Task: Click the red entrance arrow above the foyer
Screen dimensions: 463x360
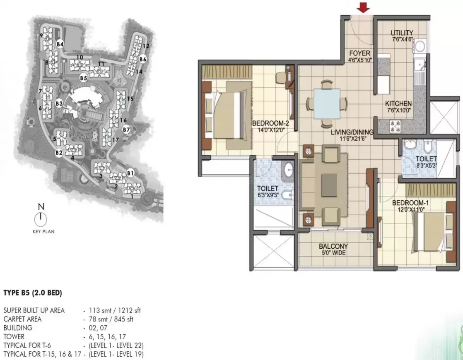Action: [363, 7]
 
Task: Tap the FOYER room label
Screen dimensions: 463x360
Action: [359, 53]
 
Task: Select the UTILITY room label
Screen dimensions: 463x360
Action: [402, 33]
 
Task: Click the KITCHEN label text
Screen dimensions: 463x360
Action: [398, 103]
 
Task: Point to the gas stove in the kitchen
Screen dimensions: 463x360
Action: [395, 126]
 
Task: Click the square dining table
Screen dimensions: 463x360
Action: [327, 103]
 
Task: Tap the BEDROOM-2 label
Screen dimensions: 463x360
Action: [270, 123]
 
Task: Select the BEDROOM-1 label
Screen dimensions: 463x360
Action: [410, 203]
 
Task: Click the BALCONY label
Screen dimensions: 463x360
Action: [333, 246]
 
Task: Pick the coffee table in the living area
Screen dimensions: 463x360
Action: [329, 185]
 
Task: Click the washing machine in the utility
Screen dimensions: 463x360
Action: [420, 46]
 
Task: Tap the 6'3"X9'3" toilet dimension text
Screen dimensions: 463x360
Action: [268, 195]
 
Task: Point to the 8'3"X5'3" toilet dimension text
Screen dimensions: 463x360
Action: [427, 166]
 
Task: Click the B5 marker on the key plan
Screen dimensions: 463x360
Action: [84, 78]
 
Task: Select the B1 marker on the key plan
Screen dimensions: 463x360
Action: [130, 173]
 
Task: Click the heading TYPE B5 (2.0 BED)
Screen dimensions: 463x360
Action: [33, 293]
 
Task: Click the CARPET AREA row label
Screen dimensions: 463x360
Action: [22, 319]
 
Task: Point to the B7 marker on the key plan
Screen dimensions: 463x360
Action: [126, 130]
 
